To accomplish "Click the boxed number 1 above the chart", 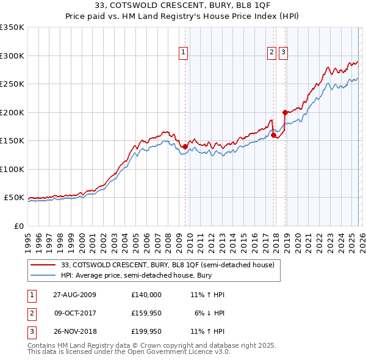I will [x=184, y=53].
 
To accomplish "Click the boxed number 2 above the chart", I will [x=271, y=53].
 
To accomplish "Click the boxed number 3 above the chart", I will [x=284, y=53].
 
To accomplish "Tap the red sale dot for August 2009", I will [x=185, y=146].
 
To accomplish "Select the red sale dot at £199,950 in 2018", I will [x=285, y=112].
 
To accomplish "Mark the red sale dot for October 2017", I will [x=273, y=135].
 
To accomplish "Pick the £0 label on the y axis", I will [x=18, y=226].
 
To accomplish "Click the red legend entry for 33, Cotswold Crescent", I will [x=168, y=265].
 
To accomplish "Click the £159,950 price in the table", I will [x=146, y=313].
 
